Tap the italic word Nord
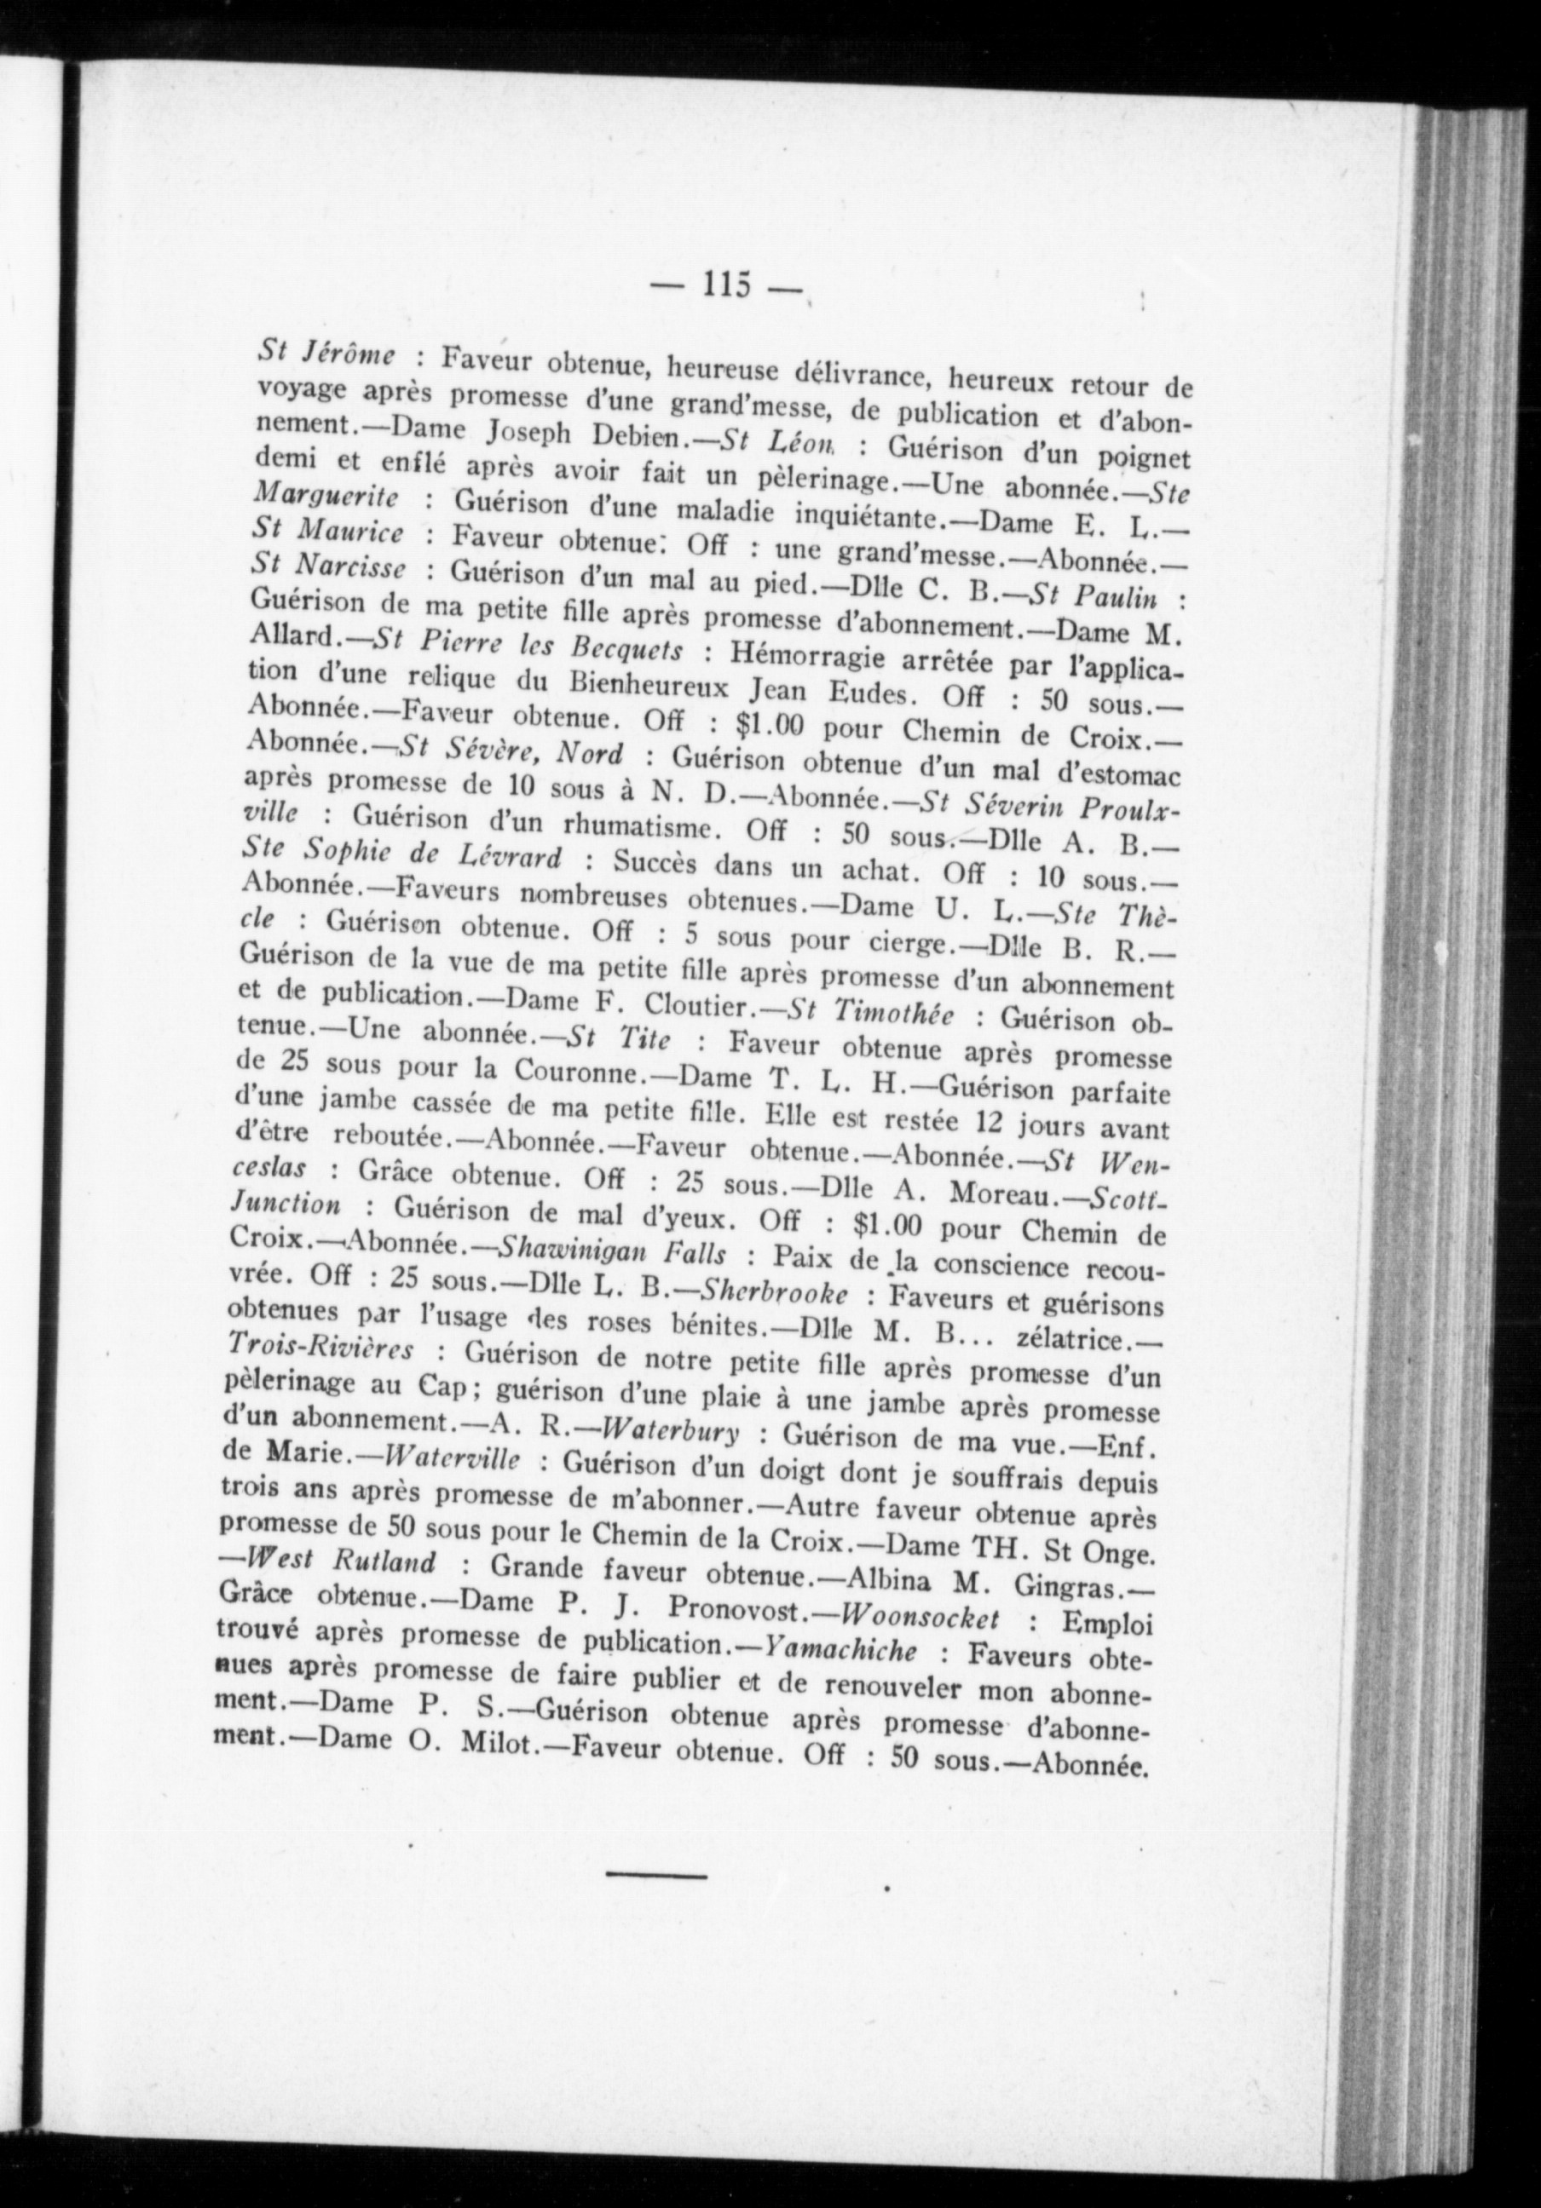(589, 753)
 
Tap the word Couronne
(583, 1069)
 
